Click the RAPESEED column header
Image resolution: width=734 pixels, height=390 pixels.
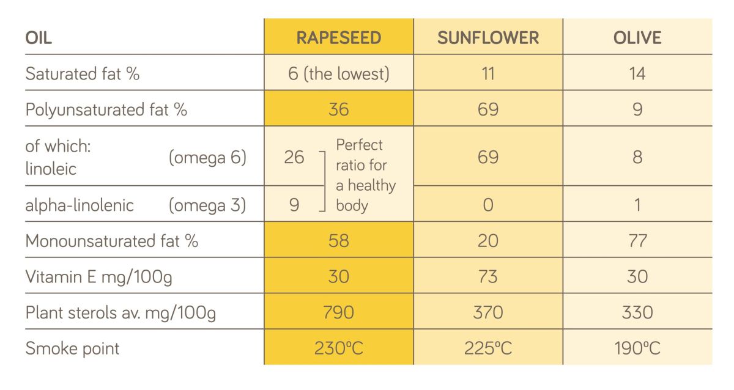click(x=338, y=38)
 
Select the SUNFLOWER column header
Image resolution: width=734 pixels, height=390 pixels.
click(x=488, y=38)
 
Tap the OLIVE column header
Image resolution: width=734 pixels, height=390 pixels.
click(x=637, y=38)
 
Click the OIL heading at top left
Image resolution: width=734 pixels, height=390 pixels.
click(x=39, y=38)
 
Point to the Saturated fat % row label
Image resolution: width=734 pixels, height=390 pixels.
click(x=83, y=74)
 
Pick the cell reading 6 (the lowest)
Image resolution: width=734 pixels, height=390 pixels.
click(x=338, y=74)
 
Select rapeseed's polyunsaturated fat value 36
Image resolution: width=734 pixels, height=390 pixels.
click(x=338, y=109)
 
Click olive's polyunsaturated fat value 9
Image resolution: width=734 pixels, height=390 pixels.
click(x=637, y=109)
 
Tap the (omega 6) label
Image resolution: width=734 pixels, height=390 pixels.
click(x=207, y=157)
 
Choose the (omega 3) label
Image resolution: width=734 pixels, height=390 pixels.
click(x=207, y=205)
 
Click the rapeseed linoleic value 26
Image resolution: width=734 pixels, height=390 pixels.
click(x=294, y=157)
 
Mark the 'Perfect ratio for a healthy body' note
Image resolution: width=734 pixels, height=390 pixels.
click(x=365, y=175)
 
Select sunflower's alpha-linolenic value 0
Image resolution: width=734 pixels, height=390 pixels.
click(x=488, y=205)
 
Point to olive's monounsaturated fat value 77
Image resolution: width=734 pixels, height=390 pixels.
click(x=637, y=241)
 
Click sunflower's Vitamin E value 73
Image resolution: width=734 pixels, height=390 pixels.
click(x=488, y=276)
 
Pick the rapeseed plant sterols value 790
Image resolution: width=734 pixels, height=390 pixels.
click(x=338, y=312)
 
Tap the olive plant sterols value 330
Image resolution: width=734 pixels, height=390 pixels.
click(x=637, y=312)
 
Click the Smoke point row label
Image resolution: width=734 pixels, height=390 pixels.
click(x=72, y=348)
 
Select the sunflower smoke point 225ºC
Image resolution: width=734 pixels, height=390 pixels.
click(x=488, y=348)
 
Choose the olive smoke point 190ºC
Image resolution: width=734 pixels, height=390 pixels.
click(x=637, y=348)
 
